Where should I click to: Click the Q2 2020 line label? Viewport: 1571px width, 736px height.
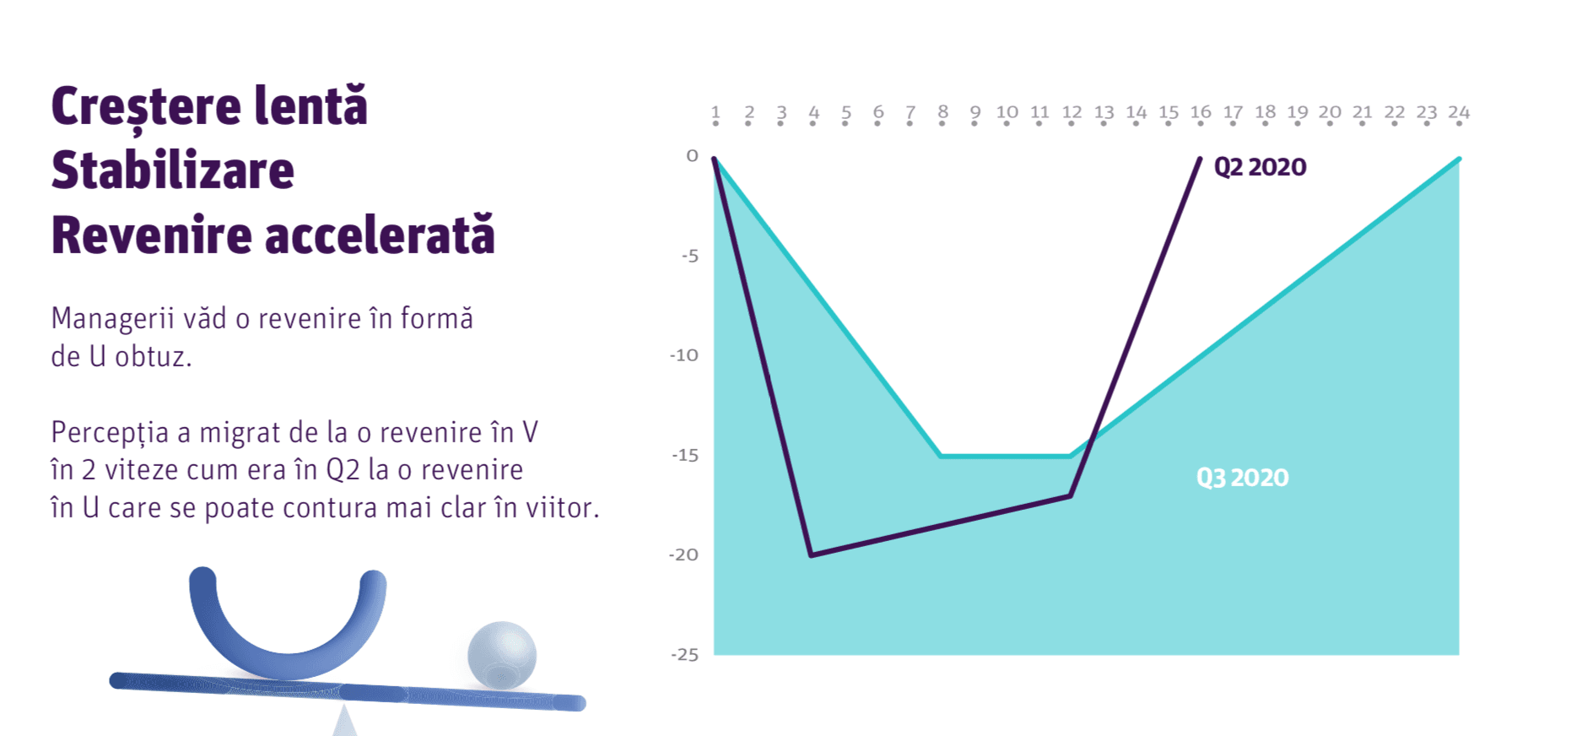(1260, 167)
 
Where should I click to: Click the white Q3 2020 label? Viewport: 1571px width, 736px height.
(1243, 478)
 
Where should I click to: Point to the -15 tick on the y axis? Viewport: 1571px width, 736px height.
(685, 455)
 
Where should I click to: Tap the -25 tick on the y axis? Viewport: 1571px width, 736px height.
(685, 655)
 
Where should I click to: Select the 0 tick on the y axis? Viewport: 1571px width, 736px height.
(693, 155)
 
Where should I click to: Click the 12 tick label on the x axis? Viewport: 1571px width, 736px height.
(1072, 112)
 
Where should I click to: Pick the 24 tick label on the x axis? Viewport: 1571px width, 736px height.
(1459, 112)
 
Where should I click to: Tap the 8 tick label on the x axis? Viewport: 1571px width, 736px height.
(942, 112)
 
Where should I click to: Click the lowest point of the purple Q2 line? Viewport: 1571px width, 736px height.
(811, 555)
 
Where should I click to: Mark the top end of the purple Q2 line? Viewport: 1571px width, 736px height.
(1200, 158)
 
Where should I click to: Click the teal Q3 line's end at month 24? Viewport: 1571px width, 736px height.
(1459, 159)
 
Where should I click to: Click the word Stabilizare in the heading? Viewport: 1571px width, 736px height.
(173, 170)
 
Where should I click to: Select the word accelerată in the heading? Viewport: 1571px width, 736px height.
(381, 234)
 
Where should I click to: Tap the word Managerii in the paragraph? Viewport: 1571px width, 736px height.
(113, 318)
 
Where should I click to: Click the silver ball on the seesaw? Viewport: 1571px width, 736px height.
(502, 655)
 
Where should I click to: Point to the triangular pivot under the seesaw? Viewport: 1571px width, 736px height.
(344, 722)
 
